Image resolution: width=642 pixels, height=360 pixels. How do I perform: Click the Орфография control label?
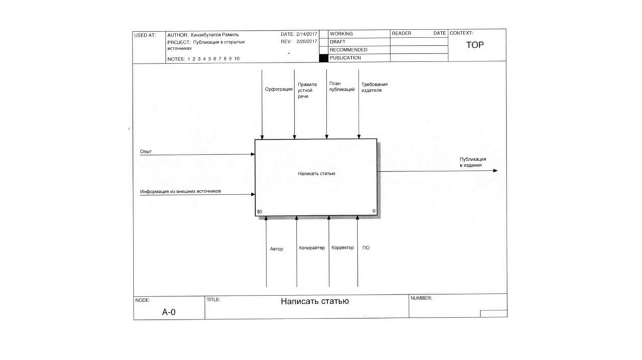click(278, 89)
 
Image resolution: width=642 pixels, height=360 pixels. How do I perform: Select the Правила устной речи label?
click(307, 90)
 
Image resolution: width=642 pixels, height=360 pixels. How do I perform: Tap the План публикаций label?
click(342, 87)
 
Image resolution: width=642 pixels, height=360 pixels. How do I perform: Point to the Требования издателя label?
click(375, 87)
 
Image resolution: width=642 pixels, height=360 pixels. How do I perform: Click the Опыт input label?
click(146, 152)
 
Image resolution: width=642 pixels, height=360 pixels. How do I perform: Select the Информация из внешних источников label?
click(181, 191)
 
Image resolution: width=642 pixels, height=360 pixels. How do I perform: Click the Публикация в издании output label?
click(470, 162)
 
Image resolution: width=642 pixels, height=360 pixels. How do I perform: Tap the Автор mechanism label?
click(276, 249)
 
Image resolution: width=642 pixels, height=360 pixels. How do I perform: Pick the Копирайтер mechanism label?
click(312, 248)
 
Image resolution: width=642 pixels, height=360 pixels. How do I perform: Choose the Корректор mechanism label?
click(343, 248)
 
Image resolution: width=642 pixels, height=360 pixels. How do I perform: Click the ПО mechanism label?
click(366, 248)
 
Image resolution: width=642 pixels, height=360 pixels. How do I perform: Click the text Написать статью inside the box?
click(317, 173)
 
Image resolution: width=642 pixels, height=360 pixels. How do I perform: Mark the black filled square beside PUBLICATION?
click(324, 58)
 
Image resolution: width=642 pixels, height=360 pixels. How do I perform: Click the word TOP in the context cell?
click(475, 45)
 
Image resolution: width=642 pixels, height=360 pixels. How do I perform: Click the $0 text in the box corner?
click(260, 211)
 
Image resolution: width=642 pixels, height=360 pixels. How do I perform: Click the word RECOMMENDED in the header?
click(349, 50)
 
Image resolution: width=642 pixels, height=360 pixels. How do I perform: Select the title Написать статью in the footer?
click(315, 301)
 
